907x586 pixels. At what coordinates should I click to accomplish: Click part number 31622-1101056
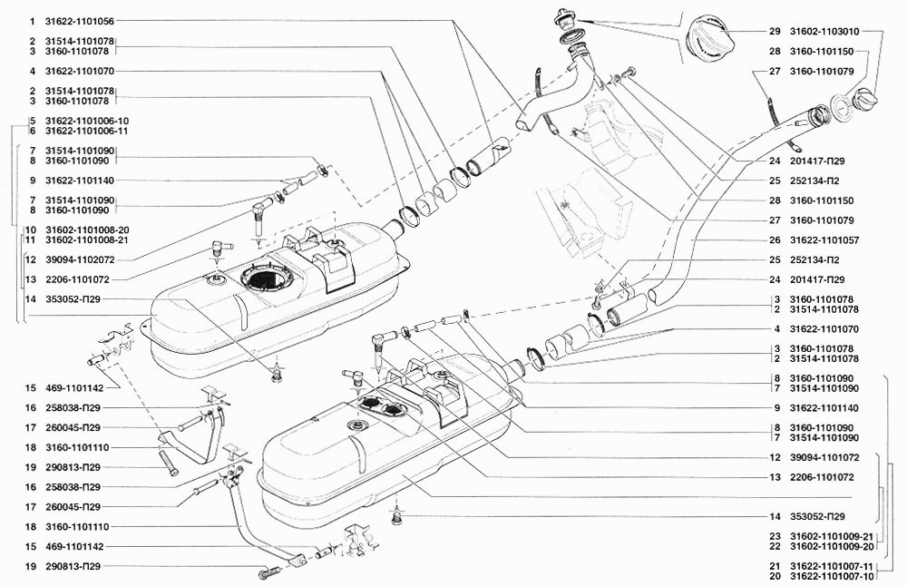coord(80,22)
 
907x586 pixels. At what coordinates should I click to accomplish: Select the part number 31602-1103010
coord(824,32)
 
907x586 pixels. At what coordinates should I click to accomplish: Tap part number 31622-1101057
coord(824,240)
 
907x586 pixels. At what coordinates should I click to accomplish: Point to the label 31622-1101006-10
coord(87,121)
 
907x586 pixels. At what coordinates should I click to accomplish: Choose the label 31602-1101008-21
coord(87,240)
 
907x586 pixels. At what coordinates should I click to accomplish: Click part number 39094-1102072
coord(80,260)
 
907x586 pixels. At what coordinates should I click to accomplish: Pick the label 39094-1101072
coord(824,457)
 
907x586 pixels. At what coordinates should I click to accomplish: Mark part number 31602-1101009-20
coord(831,546)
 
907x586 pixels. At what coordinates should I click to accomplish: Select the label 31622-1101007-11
coord(831,566)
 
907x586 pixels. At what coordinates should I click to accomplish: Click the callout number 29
coord(775,32)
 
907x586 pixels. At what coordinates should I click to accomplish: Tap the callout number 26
coord(775,240)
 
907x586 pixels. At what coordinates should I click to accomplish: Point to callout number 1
coord(33,22)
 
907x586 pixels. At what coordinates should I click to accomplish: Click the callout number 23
coord(775,536)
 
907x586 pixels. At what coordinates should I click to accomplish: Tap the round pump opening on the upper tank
coord(264,278)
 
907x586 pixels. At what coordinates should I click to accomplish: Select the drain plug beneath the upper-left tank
coord(277,376)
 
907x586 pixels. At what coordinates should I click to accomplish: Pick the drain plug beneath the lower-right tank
coord(397,515)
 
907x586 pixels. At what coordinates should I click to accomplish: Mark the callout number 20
coord(775,576)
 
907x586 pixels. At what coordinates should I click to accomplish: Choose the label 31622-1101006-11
coord(87,132)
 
